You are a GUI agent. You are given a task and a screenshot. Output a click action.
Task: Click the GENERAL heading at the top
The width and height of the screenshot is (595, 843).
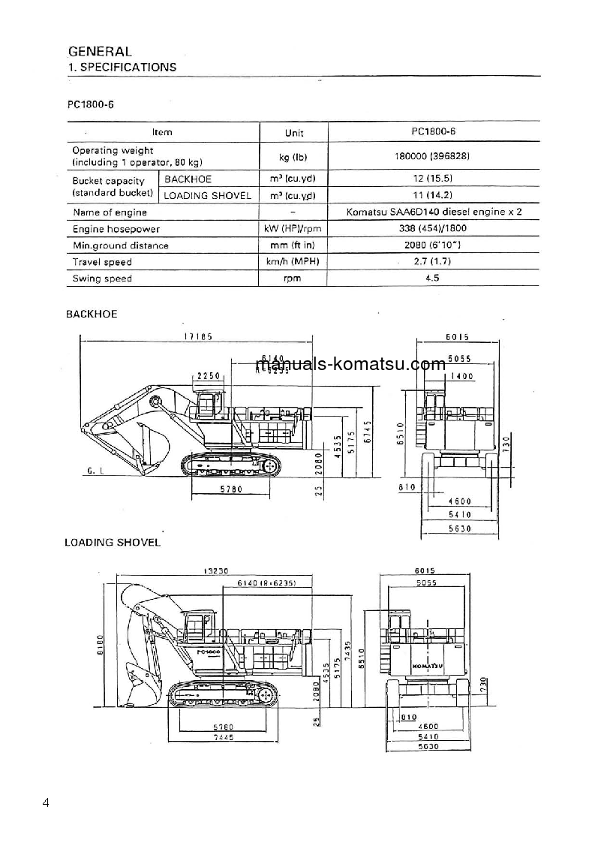100,52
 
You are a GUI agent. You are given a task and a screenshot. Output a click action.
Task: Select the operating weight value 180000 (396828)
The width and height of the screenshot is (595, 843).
433,157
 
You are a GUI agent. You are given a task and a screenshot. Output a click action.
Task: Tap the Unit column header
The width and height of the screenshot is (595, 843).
294,132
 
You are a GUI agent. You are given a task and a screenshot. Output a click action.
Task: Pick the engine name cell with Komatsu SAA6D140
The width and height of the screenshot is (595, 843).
433,212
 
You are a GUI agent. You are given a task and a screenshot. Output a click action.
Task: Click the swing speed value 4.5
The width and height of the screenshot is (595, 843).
433,278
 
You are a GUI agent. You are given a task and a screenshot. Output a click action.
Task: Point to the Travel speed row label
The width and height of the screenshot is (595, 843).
102,262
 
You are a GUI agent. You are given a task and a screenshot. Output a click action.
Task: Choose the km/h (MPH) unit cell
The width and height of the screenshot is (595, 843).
294,262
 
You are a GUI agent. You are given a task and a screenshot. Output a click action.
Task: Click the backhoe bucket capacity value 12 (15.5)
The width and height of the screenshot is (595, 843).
433,179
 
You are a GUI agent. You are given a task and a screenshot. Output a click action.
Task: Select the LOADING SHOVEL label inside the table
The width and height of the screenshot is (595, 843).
207,196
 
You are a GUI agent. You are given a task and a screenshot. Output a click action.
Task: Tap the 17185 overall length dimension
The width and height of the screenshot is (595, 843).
199,337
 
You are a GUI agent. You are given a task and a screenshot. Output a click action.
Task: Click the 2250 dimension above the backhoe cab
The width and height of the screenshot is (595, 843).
206,375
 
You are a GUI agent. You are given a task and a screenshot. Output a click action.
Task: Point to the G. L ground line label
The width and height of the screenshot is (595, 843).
95,471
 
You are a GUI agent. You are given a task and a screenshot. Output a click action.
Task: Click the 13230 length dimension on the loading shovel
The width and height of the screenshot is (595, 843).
215,571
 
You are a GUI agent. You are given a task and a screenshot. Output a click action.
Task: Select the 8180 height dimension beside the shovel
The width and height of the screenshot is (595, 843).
100,642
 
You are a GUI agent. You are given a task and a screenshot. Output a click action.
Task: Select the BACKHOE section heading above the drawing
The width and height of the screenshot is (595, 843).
91,314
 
